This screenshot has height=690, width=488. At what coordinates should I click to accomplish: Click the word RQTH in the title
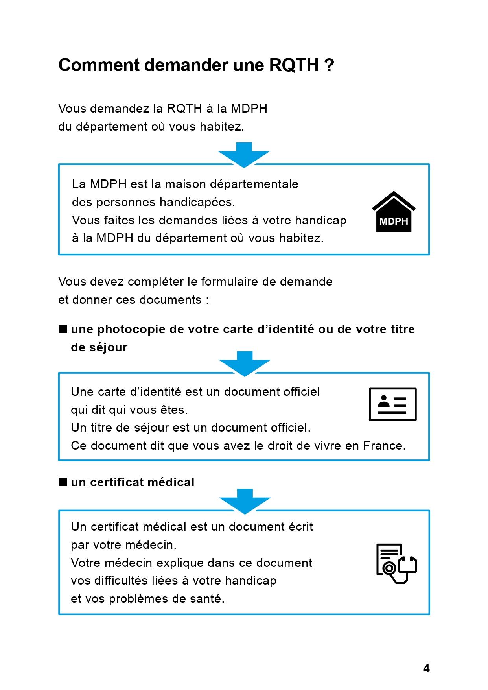294,65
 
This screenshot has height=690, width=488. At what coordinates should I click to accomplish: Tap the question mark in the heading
330,65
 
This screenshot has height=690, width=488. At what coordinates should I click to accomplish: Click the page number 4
426,668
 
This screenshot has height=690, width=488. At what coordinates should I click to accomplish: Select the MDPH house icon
394,212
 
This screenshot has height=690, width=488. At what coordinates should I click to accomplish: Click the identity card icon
392,404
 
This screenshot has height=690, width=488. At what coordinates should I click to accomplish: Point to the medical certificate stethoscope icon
396,564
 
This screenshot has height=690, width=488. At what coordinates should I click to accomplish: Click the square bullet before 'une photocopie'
63,329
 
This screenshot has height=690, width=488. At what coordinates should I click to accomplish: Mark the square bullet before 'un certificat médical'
63,482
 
